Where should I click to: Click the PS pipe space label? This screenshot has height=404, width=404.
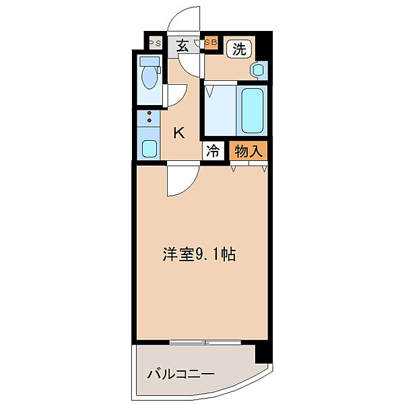tap(156, 43)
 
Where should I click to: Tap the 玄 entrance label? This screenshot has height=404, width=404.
tap(182, 46)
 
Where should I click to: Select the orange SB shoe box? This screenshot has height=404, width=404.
tap(211, 42)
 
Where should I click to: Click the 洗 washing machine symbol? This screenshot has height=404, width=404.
tap(239, 48)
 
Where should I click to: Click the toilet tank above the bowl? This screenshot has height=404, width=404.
tap(149, 61)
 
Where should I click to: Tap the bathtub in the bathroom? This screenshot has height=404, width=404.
tap(252, 110)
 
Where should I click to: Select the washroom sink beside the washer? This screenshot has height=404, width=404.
tap(258, 69)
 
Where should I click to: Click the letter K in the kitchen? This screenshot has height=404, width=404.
tap(179, 133)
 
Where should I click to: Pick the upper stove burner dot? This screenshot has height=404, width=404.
tap(149, 113)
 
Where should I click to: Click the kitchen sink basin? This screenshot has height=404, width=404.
tap(149, 149)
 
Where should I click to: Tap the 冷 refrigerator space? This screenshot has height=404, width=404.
tap(213, 151)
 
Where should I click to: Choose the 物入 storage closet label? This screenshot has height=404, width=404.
tap(248, 151)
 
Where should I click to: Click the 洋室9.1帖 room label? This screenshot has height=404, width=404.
tap(199, 254)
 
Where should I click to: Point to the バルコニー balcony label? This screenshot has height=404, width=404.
tap(180, 374)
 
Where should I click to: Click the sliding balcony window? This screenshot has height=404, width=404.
tap(205, 342)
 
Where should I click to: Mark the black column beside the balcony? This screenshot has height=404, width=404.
tap(263, 353)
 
